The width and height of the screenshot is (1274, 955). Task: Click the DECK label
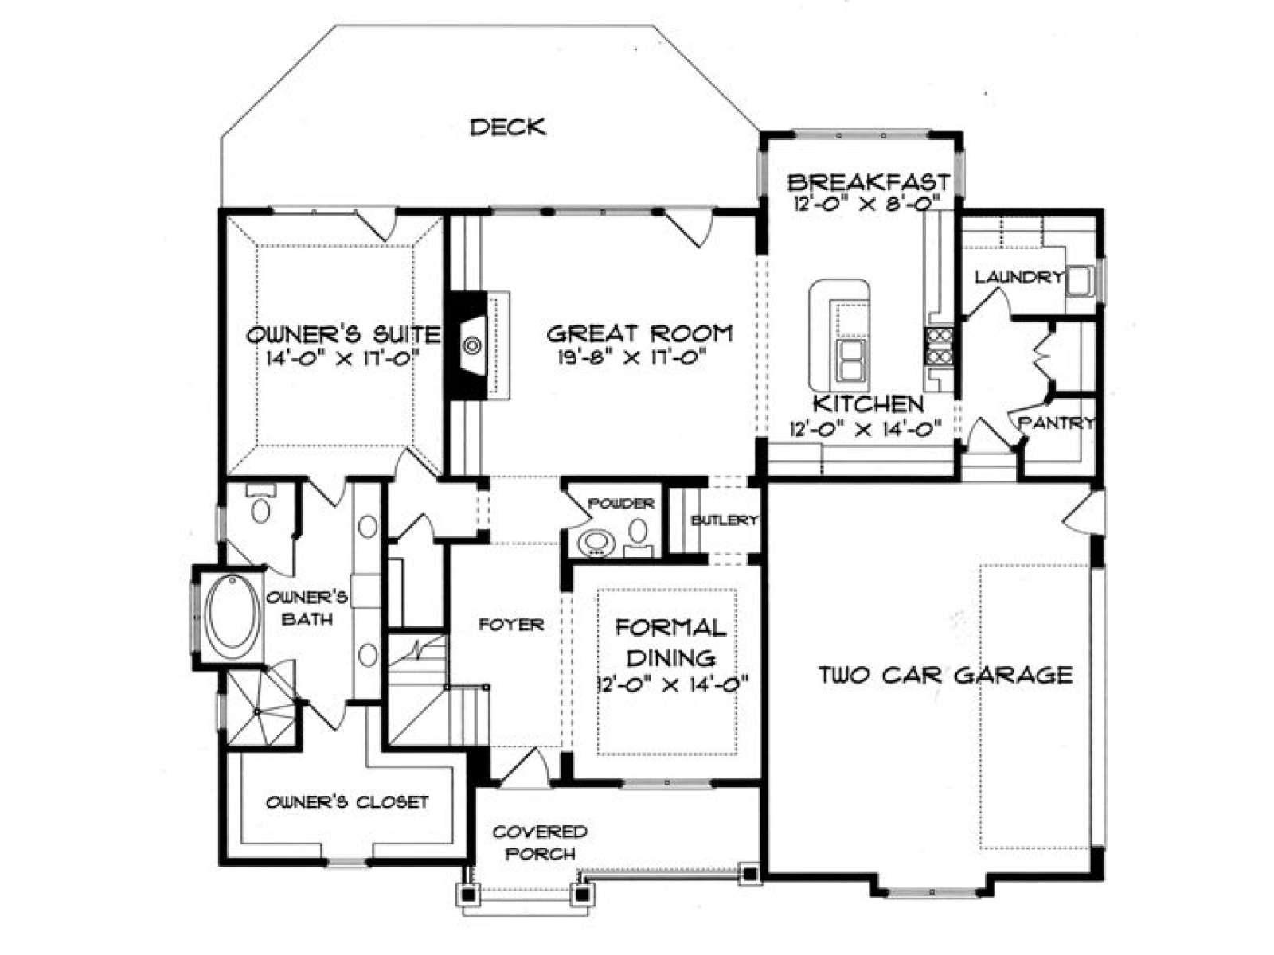pyautogui.click(x=508, y=127)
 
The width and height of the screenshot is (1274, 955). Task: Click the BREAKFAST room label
pyautogui.click(x=868, y=182)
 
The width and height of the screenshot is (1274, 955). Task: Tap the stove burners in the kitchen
pyautogui.click(x=940, y=345)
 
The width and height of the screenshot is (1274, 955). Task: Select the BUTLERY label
pyautogui.click(x=725, y=520)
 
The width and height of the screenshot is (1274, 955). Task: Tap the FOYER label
pyautogui.click(x=511, y=625)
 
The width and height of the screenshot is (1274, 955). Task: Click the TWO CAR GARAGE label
pyautogui.click(x=945, y=675)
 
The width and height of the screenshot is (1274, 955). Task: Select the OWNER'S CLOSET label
pyautogui.click(x=347, y=802)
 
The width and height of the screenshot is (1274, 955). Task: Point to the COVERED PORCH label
pyautogui.click(x=541, y=843)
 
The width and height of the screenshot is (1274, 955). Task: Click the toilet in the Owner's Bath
pyautogui.click(x=261, y=505)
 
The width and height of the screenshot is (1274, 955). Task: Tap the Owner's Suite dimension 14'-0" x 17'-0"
pyautogui.click(x=342, y=358)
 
